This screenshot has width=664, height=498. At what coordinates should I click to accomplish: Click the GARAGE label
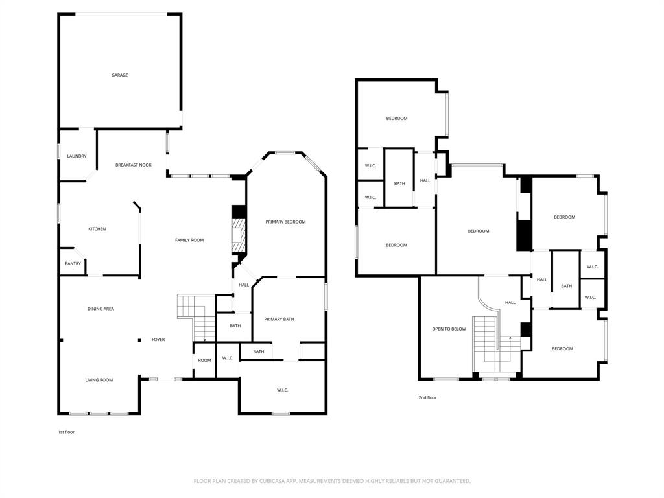(119, 75)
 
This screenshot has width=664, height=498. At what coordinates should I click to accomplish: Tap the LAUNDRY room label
(77, 156)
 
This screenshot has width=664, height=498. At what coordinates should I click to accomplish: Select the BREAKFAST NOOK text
(134, 165)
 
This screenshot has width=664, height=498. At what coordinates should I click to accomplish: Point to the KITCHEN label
(97, 229)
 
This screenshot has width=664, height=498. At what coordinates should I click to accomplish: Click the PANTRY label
(73, 263)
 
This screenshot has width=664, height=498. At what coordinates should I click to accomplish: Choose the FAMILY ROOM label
(189, 240)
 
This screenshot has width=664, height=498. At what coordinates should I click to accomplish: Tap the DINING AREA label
(101, 309)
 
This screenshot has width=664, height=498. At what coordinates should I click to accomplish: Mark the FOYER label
(158, 340)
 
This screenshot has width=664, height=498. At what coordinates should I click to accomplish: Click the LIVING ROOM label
(100, 380)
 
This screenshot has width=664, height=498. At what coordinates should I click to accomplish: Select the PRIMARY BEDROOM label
(285, 222)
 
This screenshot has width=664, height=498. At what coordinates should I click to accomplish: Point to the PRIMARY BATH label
(279, 319)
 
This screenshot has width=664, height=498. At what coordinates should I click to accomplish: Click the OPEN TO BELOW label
(449, 329)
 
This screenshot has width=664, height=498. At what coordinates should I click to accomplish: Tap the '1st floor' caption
(66, 431)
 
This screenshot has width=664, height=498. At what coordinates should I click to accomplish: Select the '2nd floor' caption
(427, 397)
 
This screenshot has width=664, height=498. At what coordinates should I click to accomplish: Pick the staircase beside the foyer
(196, 316)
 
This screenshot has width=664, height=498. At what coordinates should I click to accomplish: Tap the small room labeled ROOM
(204, 361)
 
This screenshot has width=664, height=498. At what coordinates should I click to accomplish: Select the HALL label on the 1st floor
(244, 285)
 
